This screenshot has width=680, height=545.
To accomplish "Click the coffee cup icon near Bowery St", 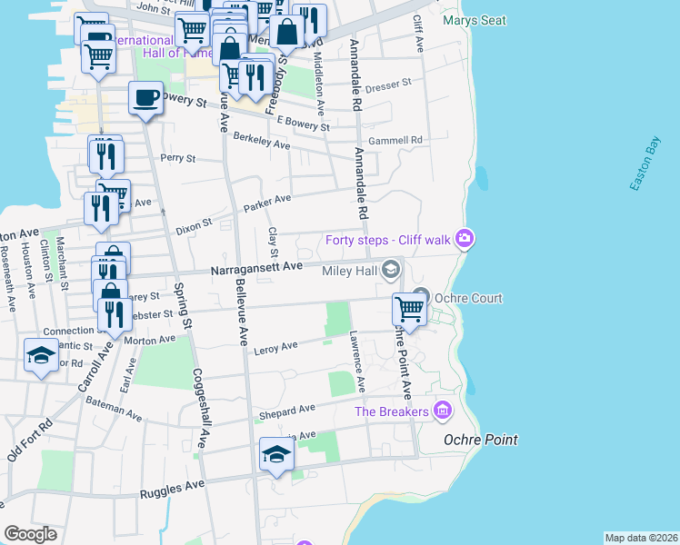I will pyautogui.click(x=145, y=98).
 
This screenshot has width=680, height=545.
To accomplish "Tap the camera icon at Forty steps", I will pyautogui.click(x=465, y=239).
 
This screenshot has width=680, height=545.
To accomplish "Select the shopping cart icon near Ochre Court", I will pyautogui.click(x=409, y=310).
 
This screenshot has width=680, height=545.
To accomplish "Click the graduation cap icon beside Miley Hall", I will pyautogui.click(x=391, y=269).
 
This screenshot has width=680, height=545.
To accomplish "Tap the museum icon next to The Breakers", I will pyautogui.click(x=443, y=411).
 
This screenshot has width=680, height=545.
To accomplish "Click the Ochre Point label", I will pyautogui.click(x=480, y=440).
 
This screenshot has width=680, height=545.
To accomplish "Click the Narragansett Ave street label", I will pyautogui.click(x=255, y=268).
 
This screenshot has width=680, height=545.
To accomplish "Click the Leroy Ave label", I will pyautogui.click(x=276, y=347).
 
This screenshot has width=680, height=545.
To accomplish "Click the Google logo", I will pyautogui.click(x=30, y=534).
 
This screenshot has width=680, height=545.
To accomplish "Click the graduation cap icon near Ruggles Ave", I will pyautogui.click(x=276, y=454).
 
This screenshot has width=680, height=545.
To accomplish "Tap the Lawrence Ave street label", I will pyautogui.click(x=356, y=362).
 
